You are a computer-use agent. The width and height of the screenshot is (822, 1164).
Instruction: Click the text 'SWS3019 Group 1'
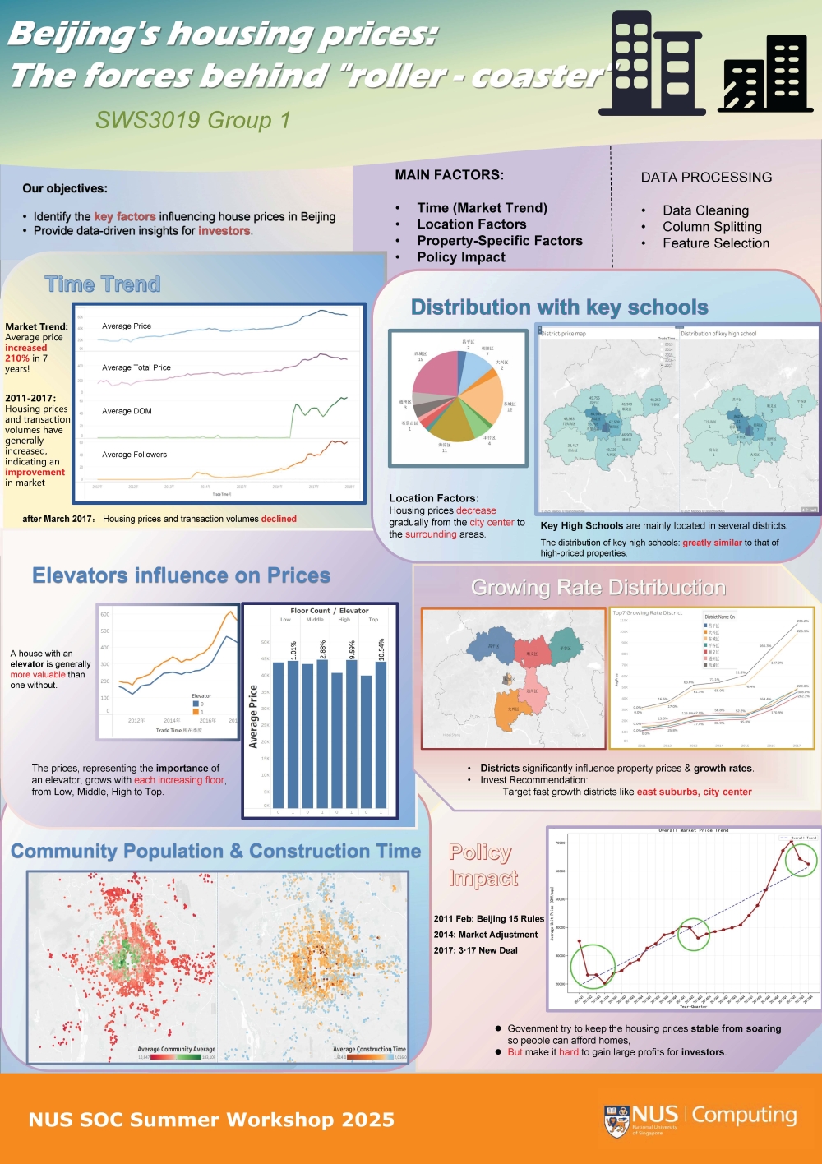coord(193,120)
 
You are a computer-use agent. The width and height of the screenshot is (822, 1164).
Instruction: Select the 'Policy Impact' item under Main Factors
coord(461,257)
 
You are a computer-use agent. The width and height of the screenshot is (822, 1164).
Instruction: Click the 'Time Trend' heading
coord(103,284)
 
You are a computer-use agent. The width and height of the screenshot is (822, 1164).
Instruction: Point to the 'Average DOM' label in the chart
coord(127,411)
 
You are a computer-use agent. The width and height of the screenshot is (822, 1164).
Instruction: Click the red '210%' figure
coord(16,358)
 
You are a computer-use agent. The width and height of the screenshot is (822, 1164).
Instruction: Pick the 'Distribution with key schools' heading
coord(559,307)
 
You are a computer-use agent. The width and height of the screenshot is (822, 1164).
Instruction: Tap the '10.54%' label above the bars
coord(381,648)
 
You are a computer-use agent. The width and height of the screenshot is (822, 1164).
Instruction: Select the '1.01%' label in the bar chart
coord(293,650)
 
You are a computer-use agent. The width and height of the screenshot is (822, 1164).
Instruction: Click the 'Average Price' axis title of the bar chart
coord(253,717)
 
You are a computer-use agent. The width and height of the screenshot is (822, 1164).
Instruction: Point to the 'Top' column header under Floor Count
coord(373,620)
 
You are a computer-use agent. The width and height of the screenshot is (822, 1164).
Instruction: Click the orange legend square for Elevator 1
coord(196,712)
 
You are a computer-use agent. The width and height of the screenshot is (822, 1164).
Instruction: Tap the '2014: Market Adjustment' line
coord(486,935)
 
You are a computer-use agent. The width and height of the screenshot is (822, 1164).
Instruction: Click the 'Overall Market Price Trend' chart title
coord(693,830)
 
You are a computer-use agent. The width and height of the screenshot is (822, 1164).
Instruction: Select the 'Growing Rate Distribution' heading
coord(598,588)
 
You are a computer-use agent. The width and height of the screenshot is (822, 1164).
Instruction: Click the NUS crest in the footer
coord(616,1120)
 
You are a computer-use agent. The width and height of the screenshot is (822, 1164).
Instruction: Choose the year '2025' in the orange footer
coord(368,1120)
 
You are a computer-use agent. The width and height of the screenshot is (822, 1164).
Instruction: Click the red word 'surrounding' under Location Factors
coord(431,534)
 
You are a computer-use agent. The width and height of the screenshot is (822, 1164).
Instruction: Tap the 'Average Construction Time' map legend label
coord(369,1049)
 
